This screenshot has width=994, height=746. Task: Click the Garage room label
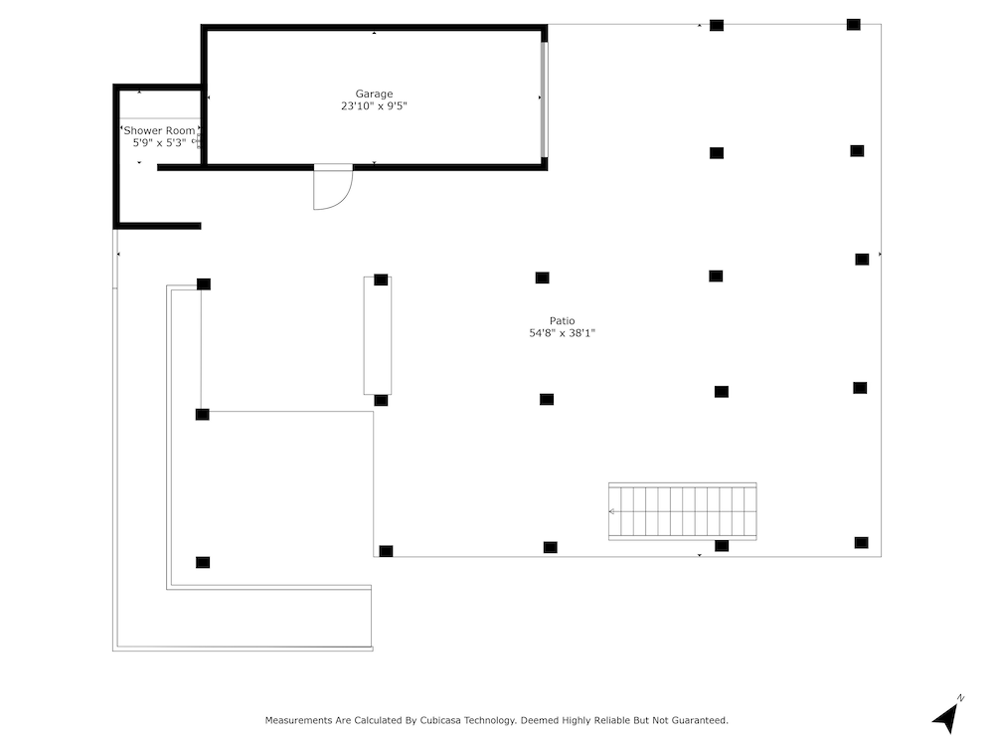[374, 93]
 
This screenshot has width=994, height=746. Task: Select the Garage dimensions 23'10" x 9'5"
[374, 106]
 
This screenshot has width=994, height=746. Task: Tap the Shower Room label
[160, 130]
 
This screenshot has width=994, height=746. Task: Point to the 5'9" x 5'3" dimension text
[159, 142]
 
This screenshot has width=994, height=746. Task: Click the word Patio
[563, 321]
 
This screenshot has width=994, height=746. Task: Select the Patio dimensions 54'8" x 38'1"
[563, 333]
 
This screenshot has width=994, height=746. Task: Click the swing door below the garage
[333, 187]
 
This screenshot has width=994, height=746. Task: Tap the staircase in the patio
[683, 511]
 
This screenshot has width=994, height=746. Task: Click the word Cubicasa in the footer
[440, 720]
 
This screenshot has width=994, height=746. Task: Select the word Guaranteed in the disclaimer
[699, 720]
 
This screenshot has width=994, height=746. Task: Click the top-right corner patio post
[854, 25]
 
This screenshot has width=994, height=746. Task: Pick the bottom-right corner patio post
[861, 542]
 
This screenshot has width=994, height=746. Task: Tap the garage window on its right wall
[544, 98]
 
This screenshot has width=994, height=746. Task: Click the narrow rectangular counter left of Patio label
[377, 335]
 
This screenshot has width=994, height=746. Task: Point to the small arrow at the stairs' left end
[611, 511]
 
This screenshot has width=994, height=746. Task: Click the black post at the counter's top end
[381, 280]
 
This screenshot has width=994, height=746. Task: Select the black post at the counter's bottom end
[381, 400]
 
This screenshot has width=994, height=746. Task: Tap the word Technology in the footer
[489, 720]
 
